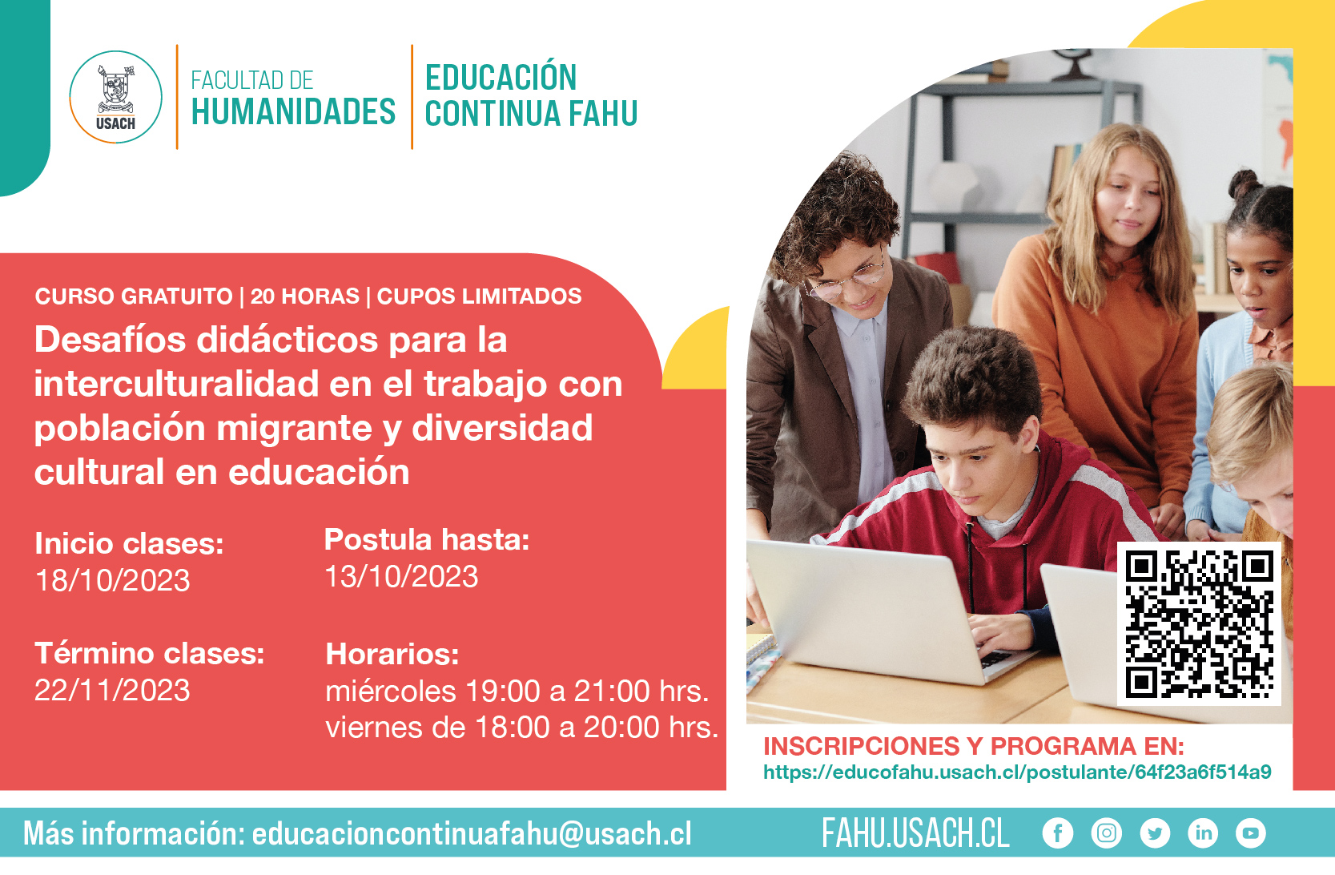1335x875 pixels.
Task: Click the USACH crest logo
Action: click(115, 97)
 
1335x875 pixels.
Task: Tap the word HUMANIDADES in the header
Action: click(293, 111)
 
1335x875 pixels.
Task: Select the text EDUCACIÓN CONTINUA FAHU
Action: click(531, 95)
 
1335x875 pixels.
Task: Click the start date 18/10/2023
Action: click(113, 580)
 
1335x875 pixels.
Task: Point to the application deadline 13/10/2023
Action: click(401, 577)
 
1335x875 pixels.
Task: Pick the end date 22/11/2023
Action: click(112, 690)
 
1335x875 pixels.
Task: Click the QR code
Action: click(1199, 624)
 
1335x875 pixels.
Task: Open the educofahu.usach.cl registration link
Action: click(1017, 772)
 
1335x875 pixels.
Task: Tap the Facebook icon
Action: click(1058, 833)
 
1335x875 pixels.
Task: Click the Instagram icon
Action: click(1107, 833)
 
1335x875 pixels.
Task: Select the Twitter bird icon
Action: click(1155, 833)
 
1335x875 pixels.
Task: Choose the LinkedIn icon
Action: click(1204, 833)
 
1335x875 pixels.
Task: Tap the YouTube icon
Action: click(1251, 833)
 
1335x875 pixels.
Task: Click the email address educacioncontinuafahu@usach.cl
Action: click(472, 833)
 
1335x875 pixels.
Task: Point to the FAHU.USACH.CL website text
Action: click(916, 833)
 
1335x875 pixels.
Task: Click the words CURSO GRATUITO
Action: click(134, 296)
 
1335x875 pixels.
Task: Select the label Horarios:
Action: click(392, 655)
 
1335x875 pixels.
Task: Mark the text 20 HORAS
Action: click(305, 296)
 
